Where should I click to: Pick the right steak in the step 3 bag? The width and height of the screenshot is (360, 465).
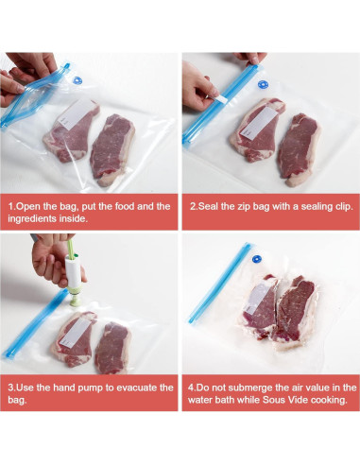coord(113,346)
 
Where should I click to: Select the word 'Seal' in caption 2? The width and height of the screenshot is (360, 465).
coord(214,205)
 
